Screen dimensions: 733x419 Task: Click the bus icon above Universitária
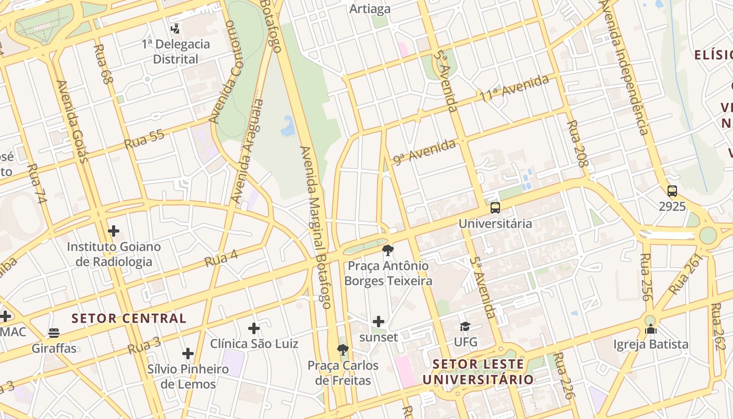[495, 208]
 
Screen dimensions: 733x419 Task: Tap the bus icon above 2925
[672, 191]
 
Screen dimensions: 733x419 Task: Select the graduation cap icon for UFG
[465, 327]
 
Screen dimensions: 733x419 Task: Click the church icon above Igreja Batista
[651, 329]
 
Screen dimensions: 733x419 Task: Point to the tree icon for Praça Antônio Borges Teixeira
[388, 250]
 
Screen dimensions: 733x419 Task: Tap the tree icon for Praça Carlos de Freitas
[343, 350]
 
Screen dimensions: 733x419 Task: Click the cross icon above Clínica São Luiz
[254, 328]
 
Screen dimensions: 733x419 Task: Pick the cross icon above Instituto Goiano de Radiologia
[114, 230]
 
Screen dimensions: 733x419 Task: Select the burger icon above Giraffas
[53, 333]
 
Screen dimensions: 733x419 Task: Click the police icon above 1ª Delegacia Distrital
[175, 29]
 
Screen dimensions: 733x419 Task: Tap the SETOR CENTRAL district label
[129, 318]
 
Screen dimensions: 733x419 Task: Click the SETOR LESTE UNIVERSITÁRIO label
[478, 372]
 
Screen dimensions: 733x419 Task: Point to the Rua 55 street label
[145, 139]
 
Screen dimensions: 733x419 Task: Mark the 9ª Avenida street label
[425, 152]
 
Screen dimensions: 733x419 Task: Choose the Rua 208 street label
[578, 144]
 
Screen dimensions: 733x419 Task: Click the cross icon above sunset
[379, 322]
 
